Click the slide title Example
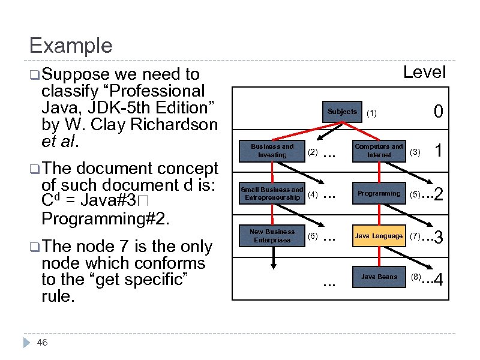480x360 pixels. pos(70,46)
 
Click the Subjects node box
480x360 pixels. pos(342,112)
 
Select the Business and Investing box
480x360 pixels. pos(272,151)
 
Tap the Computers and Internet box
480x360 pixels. pos(379,151)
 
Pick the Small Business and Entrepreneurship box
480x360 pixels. pos(272,194)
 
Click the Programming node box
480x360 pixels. pos(379,194)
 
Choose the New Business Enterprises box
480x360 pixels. pos(272,236)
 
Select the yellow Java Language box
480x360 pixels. pos(379,236)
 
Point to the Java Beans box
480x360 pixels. pos(379,277)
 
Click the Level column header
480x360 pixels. pos(424,73)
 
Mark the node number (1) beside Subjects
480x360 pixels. pos(372,113)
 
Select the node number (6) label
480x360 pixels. pos(312,236)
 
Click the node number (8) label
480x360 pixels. pos(416,277)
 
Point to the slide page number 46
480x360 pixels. pos(42,343)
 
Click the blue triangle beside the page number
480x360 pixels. pos(26,343)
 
